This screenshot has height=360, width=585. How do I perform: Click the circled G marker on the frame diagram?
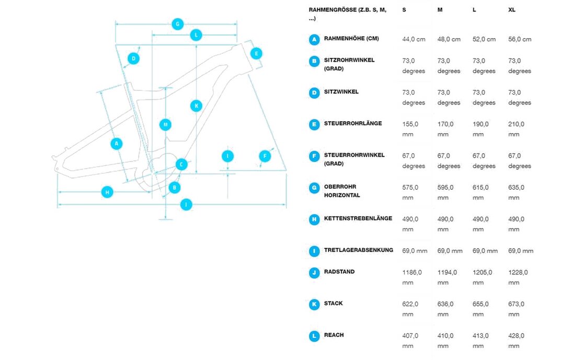click(178, 24)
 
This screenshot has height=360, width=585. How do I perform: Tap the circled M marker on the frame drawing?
click(165, 124)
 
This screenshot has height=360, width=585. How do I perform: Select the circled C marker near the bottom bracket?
click(181, 164)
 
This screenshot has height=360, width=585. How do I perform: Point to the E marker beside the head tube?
click(256, 54)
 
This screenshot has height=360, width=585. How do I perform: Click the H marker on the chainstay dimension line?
click(107, 192)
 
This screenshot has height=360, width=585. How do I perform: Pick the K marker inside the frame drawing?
click(196, 106)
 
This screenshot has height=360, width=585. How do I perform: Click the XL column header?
click(512, 10)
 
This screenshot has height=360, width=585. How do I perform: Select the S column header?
click(404, 10)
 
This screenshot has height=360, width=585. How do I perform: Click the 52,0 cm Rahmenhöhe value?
click(484, 39)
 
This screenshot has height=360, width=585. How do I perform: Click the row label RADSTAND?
click(339, 272)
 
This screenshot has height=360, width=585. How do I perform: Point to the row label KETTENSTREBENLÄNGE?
click(358, 218)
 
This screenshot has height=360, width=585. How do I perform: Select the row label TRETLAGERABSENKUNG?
click(359, 250)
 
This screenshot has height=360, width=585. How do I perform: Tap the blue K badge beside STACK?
click(314, 305)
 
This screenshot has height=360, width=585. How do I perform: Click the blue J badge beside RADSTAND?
click(314, 273)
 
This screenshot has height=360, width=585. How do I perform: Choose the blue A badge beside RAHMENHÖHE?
click(314, 40)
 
